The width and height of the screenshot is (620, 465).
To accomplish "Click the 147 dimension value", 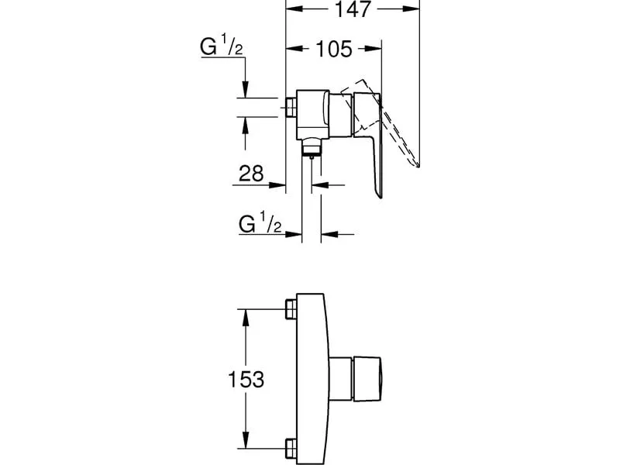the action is [353, 9].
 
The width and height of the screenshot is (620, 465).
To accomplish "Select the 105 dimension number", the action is [334, 49].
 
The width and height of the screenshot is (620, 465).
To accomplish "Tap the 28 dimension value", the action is [251, 173].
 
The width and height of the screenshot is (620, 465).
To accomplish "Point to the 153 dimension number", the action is [246, 379].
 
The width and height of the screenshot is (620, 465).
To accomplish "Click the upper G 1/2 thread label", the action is [221, 45].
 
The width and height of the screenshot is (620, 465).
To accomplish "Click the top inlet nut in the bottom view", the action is [291, 308].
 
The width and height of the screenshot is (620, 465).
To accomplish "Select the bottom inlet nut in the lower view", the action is [291, 449].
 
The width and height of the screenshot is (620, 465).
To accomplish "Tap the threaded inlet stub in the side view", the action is [291, 107].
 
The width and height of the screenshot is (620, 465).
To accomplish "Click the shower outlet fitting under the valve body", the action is [312, 147].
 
